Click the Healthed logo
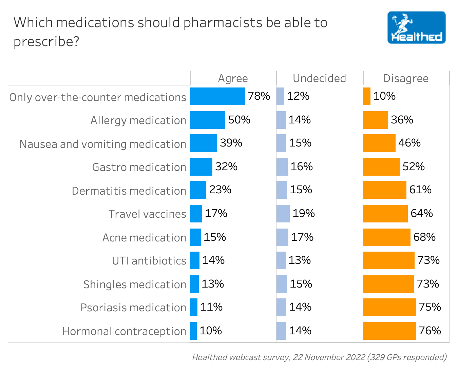(x=416, y=27)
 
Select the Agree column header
(x=233, y=78)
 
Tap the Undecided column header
(x=319, y=78)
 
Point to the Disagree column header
(x=406, y=78)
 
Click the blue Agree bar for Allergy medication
(x=208, y=120)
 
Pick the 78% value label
(x=259, y=96)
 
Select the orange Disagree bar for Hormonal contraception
(x=389, y=331)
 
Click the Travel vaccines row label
(x=147, y=214)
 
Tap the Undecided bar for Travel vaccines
(x=283, y=214)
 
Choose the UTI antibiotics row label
(x=149, y=261)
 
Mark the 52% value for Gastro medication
(x=414, y=166)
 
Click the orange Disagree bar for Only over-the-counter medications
(x=367, y=96)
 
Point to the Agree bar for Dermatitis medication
(x=198, y=190)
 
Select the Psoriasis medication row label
(x=133, y=308)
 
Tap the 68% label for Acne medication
(x=424, y=237)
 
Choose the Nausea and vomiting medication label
(x=103, y=144)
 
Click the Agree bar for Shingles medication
(x=194, y=284)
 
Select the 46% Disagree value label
(x=409, y=143)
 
